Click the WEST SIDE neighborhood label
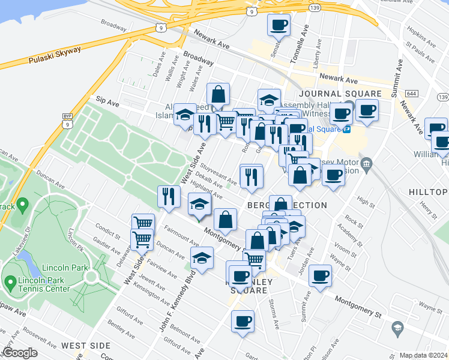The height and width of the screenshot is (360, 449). click(85, 346)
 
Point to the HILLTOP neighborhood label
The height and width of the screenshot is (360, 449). click(429, 192)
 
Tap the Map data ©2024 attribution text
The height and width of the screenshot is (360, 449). click(424, 355)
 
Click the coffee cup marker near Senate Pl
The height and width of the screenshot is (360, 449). click(278, 25)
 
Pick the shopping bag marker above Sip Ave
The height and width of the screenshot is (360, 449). click(218, 94)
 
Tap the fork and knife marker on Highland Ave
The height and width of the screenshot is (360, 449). click(169, 195)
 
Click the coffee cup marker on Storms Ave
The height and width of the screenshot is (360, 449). click(243, 321)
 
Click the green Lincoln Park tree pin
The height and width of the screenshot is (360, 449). click(22, 205)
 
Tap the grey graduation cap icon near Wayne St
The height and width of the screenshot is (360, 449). click(397, 328)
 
